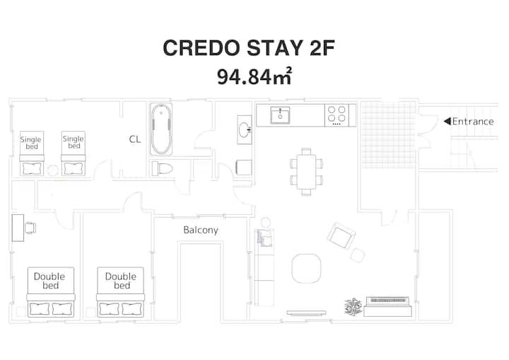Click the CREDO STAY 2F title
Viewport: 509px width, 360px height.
pyautogui.click(x=249, y=48)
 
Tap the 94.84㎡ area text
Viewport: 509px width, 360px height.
pyautogui.click(x=255, y=76)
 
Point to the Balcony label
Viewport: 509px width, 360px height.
pyautogui.click(x=201, y=230)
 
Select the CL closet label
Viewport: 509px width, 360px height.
pyautogui.click(x=135, y=139)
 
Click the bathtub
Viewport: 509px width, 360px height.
pyautogui.click(x=161, y=129)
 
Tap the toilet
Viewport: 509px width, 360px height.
pyautogui.click(x=163, y=168)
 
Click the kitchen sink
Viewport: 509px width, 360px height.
pyautogui.click(x=280, y=115)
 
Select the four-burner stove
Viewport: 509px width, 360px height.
pyautogui.click(x=337, y=115)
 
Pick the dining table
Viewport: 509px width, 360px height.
pyautogui.click(x=306, y=172)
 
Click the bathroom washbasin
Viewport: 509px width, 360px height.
pyautogui.click(x=245, y=129)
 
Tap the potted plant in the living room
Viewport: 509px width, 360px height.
pyautogui.click(x=353, y=306)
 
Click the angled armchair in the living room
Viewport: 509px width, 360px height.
pyautogui.click(x=341, y=236)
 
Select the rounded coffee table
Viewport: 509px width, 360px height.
pyautogui.click(x=306, y=269)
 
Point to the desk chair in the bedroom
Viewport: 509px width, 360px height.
pyautogui.click(x=30, y=228)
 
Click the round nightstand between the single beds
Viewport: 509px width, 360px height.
pyautogui.click(x=52, y=170)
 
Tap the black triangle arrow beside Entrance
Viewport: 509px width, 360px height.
pyautogui.click(x=447, y=121)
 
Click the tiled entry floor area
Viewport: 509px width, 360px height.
pyautogui.click(x=388, y=135)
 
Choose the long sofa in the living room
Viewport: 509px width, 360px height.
pyautogui.click(x=264, y=267)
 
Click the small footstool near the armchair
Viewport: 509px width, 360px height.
pyautogui.click(x=358, y=255)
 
